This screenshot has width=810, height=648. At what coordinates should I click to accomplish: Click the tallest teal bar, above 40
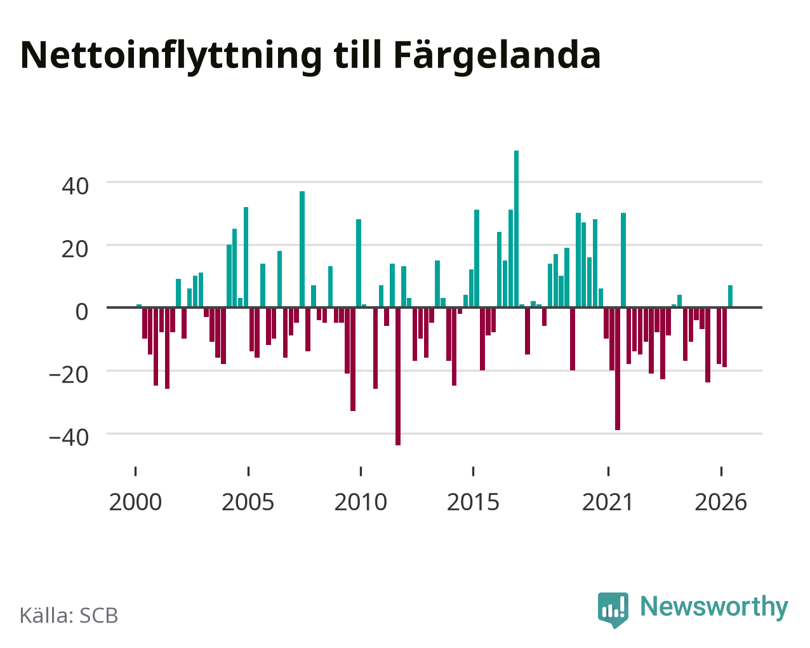coord(516,229)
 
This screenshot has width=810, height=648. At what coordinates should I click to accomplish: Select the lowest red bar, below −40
coord(398,376)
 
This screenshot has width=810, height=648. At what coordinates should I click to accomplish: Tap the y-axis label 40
coord(76,186)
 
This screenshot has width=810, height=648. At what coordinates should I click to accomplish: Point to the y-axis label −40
coord(69,438)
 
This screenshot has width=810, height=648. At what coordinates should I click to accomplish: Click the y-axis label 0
coord(82,312)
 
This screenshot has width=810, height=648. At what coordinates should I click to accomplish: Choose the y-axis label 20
coord(76,249)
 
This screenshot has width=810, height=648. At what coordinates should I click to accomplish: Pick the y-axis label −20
coord(69,375)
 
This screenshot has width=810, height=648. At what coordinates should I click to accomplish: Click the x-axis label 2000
coord(135,502)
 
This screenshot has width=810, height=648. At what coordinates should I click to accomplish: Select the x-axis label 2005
coord(248,502)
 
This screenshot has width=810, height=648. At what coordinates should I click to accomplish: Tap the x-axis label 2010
coord(361,502)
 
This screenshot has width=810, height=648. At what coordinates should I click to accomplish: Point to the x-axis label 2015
coord(473,502)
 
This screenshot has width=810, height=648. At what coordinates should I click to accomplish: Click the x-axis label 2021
coord(608,502)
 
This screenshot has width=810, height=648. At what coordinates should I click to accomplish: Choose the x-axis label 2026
coord(720,502)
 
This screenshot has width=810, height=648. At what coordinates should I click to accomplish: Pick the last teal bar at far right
coord(730,296)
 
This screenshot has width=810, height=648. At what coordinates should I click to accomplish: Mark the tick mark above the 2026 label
coord(721,471)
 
